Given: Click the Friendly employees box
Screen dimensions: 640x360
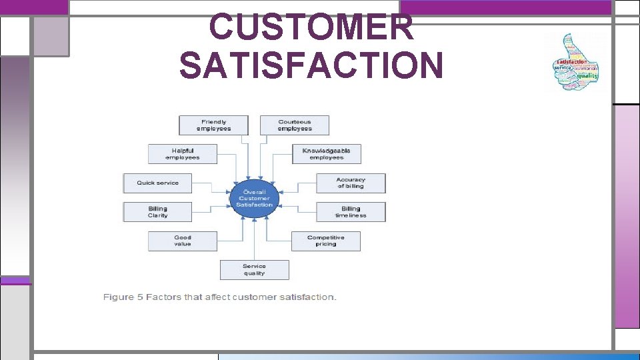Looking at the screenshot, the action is click(213, 125).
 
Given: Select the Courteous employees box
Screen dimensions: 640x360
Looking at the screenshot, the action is click(294, 125).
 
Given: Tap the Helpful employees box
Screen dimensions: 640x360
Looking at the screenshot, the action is click(183, 154).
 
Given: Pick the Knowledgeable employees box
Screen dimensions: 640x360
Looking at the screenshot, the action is click(327, 154).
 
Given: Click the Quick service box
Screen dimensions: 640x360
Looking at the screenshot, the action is click(158, 183).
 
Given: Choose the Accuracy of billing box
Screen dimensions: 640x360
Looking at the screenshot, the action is click(351, 183).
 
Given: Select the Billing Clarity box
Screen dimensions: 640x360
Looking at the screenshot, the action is click(158, 212).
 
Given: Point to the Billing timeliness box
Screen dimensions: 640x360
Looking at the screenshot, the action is click(351, 212).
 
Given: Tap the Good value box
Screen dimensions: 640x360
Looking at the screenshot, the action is click(183, 241).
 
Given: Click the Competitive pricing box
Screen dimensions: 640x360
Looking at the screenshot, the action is click(326, 241).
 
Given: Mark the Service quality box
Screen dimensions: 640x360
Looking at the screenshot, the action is click(254, 269).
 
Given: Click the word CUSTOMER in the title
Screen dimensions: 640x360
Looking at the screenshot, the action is click(311, 28).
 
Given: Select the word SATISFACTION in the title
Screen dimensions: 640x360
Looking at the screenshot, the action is click(311, 65).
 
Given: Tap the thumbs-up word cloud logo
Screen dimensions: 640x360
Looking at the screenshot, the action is click(576, 62).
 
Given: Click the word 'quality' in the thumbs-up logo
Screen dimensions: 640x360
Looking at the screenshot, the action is click(587, 75).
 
